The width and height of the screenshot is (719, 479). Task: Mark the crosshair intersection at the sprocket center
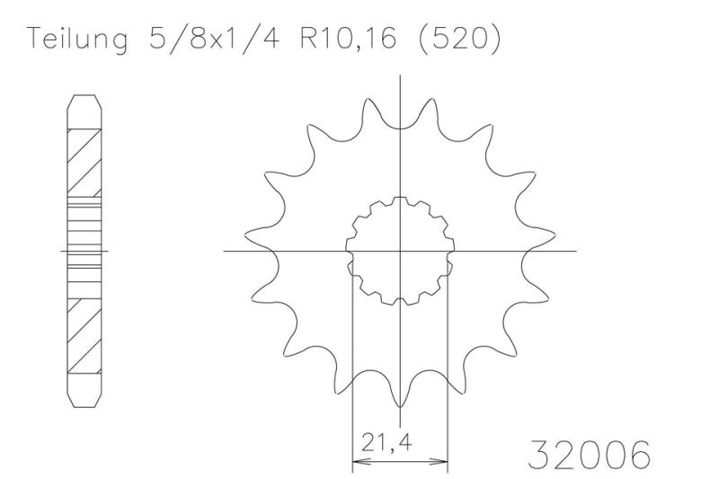point(399,250)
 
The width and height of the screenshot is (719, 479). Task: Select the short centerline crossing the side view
point(84,251)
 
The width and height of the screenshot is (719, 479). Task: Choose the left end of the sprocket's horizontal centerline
point(226,250)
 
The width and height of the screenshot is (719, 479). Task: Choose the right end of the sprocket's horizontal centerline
point(575,250)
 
